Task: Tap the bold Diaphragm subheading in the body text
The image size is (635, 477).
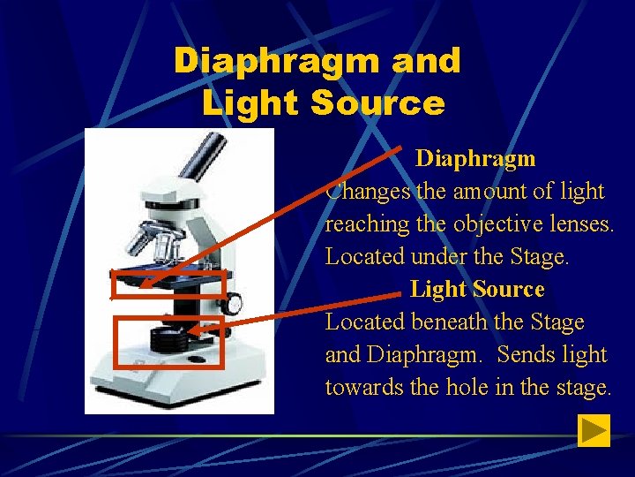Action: [x=475, y=158]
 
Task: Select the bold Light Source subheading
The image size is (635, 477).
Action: [x=477, y=289]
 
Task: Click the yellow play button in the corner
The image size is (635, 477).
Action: [x=594, y=430]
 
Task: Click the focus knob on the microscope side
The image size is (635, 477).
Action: [x=233, y=304]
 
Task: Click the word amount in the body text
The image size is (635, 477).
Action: [x=489, y=192]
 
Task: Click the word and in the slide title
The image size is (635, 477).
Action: [x=426, y=61]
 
